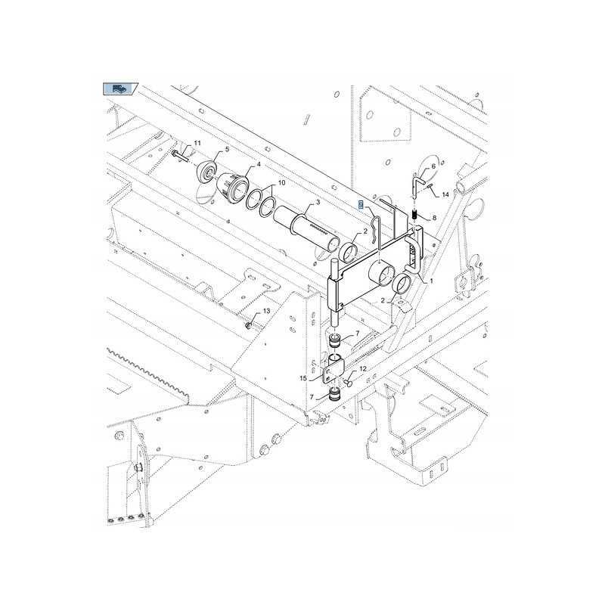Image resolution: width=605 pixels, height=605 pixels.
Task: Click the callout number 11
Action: coord(197,144)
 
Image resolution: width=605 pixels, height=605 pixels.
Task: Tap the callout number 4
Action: coord(259,164)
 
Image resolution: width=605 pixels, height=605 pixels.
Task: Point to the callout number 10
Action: coord(281,183)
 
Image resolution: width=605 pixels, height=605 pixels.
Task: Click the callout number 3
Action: coord(318,203)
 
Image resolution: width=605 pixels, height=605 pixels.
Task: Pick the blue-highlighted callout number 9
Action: coord(361,206)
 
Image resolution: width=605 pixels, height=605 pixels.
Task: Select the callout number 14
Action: coord(445,194)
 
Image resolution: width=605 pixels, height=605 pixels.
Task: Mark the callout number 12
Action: coord(363,368)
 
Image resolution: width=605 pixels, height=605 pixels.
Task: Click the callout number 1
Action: coord(431,281)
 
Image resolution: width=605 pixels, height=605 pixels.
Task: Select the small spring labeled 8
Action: coord(415,217)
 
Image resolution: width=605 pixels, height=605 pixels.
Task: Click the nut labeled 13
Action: coord(249,325)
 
